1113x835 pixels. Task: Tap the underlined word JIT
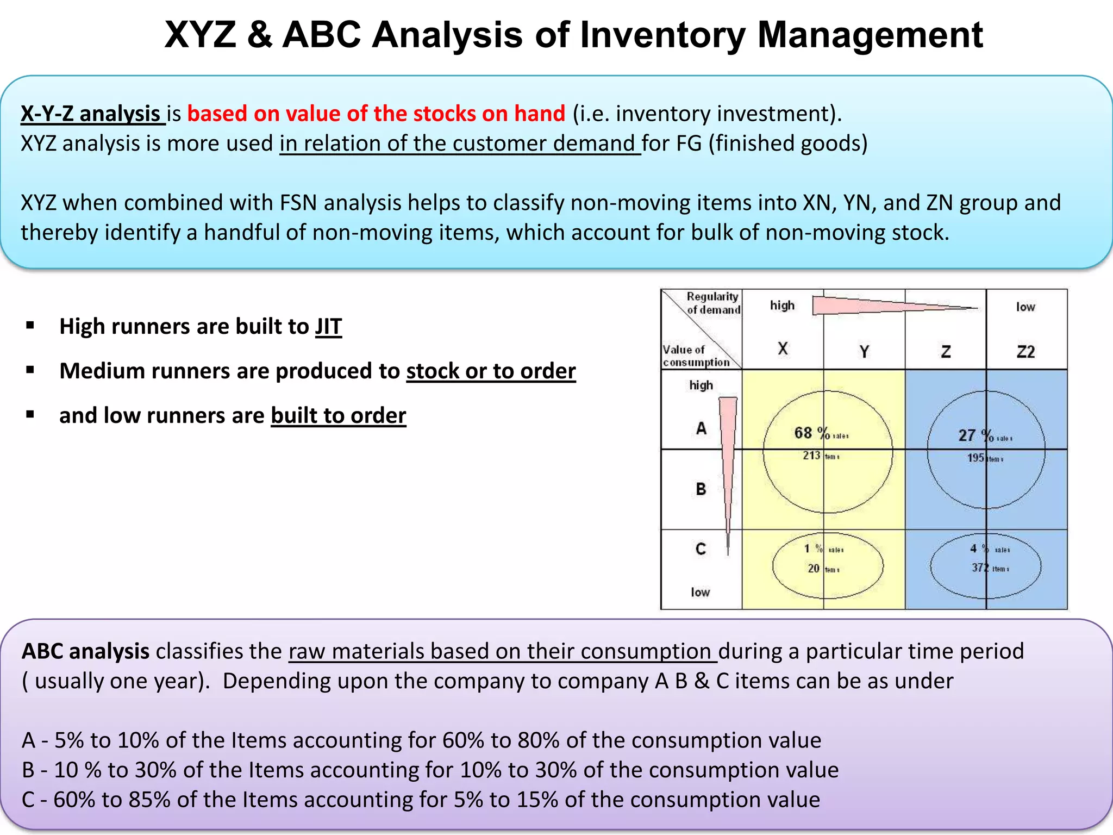tap(328, 327)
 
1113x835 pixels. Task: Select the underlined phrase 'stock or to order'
tap(491, 371)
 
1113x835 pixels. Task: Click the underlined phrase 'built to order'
tap(338, 416)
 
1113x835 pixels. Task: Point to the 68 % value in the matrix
tap(811, 433)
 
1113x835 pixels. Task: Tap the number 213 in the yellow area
tap(811, 456)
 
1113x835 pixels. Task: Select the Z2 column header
tap(1026, 352)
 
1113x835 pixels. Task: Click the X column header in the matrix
tap(783, 348)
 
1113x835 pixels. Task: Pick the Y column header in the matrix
tap(864, 352)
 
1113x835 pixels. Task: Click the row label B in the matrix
tap(701, 489)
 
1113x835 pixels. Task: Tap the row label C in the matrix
tap(701, 549)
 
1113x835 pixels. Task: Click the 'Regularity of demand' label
tap(713, 303)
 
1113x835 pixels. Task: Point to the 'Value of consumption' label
tap(696, 356)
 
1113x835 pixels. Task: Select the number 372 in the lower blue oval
tap(980, 568)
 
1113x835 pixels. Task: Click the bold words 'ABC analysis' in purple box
tap(85, 651)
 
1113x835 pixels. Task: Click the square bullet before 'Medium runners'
tap(30, 371)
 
